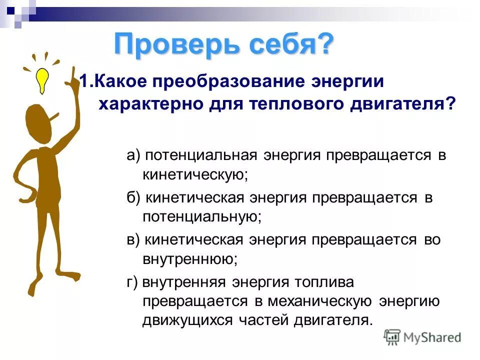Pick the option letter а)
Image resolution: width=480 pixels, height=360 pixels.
coord(133,155)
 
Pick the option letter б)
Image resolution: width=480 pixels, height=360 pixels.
coord(133,197)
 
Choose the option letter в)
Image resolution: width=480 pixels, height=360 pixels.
coord(133,240)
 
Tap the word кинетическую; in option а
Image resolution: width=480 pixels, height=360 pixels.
coord(195,174)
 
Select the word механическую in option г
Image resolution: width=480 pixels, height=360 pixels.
coord(320,301)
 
